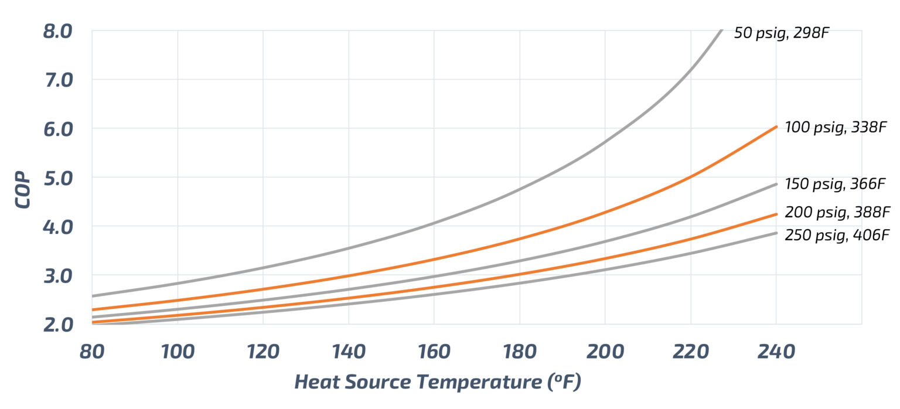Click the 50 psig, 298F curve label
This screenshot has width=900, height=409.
tap(782, 33)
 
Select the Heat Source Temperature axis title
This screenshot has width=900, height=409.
tap(437, 382)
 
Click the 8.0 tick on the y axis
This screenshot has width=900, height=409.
tap(57, 30)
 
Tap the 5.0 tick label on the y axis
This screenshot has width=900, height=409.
tap(57, 177)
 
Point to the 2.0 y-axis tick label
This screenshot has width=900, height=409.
tap(57, 323)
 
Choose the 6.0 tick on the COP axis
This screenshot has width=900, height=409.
tap(57, 128)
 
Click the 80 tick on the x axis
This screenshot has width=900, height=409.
tap(92, 352)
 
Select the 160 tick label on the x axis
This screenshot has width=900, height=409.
tap(434, 352)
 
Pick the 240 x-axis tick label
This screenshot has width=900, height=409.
tap(776, 352)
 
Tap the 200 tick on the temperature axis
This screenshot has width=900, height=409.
tap(605, 352)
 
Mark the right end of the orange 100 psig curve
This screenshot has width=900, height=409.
tap(776, 127)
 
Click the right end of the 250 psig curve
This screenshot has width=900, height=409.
tap(776, 233)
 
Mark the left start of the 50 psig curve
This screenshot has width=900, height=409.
tap(93, 296)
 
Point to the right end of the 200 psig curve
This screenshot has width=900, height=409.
tap(776, 214)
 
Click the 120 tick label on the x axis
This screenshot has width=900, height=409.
tap(262, 352)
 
